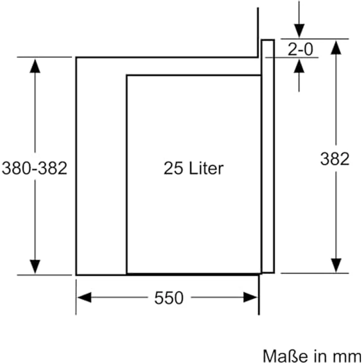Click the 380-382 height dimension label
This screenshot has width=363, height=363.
tap(35, 168)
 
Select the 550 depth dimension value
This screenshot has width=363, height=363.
tap(169, 298)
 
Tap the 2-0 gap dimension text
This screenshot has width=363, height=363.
tap(300, 49)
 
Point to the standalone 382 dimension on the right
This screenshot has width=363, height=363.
tap(335, 159)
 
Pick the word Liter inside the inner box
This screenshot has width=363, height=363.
tap(206, 168)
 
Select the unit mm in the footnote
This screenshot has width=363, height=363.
tap(349, 357)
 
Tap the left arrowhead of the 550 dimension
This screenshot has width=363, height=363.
tap(84, 297)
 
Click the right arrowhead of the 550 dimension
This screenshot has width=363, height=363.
tap(251, 297)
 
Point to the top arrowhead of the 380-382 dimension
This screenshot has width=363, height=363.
tap(35, 66)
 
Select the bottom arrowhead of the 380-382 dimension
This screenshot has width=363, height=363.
tap(35, 266)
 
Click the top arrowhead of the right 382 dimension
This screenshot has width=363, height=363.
tap(336, 48)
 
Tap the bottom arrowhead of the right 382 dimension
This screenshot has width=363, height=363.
tap(336, 265)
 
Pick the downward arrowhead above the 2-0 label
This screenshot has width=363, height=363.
tap(299, 31)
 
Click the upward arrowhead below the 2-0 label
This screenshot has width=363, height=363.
tap(299, 66)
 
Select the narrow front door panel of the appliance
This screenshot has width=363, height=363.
tap(268, 156)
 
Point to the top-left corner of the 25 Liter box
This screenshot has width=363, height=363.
tap(127, 75)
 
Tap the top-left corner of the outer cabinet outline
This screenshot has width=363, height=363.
tap(76, 57)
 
